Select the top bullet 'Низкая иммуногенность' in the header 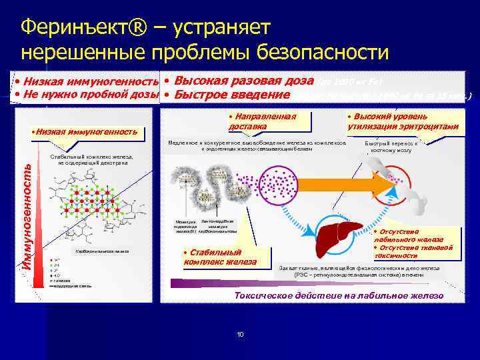(87, 81)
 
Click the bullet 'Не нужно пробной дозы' (87, 94)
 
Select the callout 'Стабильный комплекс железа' (227, 257)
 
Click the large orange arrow (360, 180)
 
